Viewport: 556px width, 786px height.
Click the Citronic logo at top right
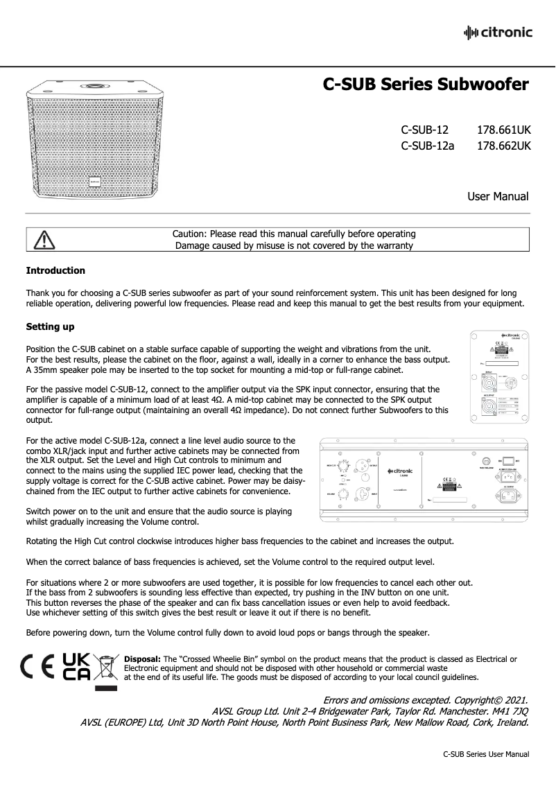pyautogui.click(x=497, y=32)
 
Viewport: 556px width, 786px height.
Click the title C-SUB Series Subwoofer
pyautogui.click(x=426, y=85)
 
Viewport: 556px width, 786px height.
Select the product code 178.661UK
pyautogui.click(x=504, y=130)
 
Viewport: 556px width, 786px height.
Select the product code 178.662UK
pyautogui.click(x=504, y=146)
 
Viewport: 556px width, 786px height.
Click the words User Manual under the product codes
pyautogui.click(x=498, y=197)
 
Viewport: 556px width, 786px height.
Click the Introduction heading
pyautogui.click(x=55, y=270)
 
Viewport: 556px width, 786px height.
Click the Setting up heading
pyautogui.click(x=50, y=326)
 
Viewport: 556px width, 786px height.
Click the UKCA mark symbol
pyautogui.click(x=76, y=667)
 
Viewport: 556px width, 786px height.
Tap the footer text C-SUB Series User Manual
pyautogui.click(x=486, y=754)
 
